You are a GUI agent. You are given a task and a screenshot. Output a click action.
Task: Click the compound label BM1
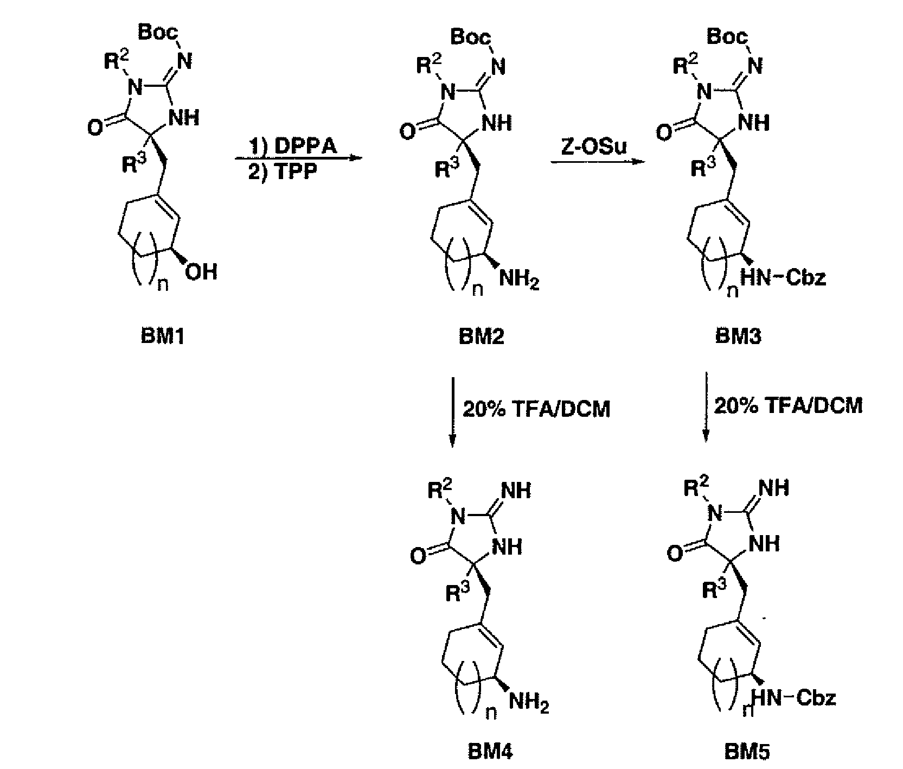coord(163,337)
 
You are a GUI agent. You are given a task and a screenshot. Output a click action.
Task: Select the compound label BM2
coord(481,337)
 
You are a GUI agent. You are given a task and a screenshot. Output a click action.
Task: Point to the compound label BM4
coord(490,752)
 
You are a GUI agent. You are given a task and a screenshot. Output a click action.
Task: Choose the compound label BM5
coord(747,752)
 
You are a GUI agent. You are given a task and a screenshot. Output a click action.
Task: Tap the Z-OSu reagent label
coord(594,147)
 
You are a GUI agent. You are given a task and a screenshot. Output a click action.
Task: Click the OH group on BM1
coord(201,272)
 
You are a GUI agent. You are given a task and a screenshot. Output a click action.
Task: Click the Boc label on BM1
coord(158,33)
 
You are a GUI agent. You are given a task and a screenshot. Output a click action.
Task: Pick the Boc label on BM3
coord(728,37)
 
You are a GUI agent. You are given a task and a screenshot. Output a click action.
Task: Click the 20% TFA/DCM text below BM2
coord(536,409)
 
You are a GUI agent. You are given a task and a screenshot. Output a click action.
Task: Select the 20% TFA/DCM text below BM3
coord(788,406)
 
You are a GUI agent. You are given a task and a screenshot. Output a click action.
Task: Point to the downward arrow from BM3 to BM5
coord(706,408)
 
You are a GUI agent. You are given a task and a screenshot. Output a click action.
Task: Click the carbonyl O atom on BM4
coord(417,556)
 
